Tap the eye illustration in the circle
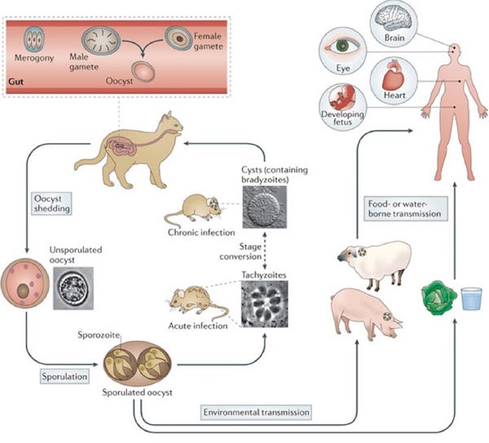tap(342, 46)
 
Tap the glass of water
tap(472, 298)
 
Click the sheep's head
tap(353, 253)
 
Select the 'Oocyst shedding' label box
tap(52, 204)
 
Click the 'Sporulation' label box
tap(64, 376)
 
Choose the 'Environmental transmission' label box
tap(256, 412)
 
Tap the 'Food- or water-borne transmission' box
tap(406, 209)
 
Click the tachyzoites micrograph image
tap(264, 304)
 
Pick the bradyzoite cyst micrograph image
tap(264, 207)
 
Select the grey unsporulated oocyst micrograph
tap(73, 288)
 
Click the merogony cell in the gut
tap(34, 39)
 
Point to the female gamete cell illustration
tap(178, 38)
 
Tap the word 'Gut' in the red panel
tap(16, 82)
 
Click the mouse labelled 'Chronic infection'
tap(192, 208)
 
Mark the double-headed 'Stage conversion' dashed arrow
tap(264, 251)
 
